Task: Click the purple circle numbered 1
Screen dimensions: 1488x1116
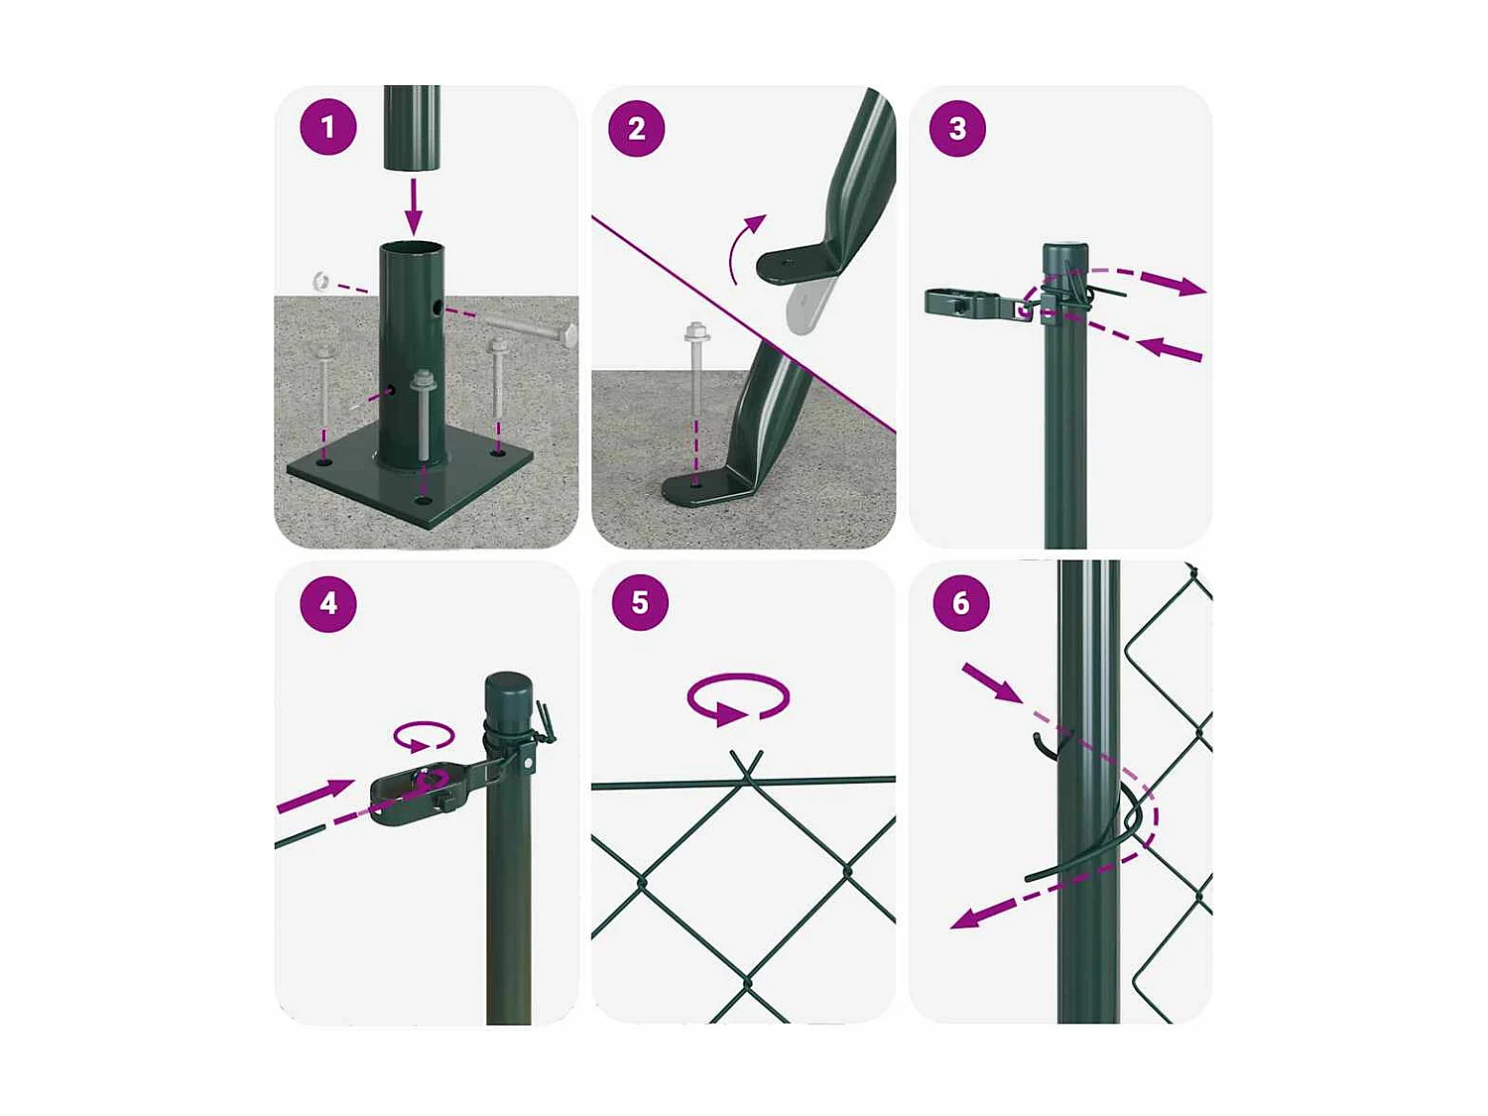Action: tap(328, 127)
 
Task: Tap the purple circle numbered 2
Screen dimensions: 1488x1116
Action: tap(636, 129)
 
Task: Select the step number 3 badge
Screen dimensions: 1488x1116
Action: tap(957, 129)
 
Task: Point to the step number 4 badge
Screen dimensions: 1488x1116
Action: tap(328, 603)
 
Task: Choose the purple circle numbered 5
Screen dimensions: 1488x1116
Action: tap(640, 602)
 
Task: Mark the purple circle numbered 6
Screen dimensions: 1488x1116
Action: tap(960, 602)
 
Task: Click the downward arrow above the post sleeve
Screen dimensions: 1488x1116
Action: tap(413, 206)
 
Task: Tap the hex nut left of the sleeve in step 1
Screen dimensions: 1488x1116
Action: tap(320, 280)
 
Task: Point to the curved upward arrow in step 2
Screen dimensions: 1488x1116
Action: tap(744, 247)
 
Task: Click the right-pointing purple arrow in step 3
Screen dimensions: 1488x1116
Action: tap(1174, 284)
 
